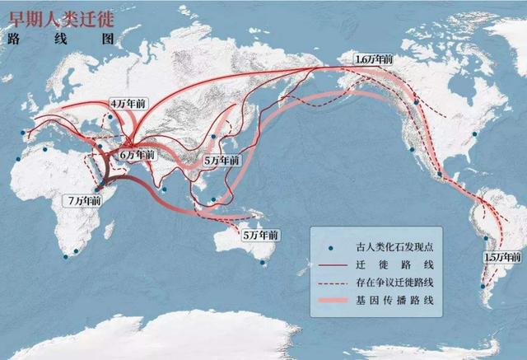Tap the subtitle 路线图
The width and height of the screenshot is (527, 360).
[42, 38]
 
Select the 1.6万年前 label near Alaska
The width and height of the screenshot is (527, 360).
[375, 60]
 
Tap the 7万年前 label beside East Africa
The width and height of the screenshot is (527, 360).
[85, 199]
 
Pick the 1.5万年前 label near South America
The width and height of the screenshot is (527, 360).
[501, 256]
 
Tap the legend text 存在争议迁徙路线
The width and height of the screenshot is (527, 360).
[396, 283]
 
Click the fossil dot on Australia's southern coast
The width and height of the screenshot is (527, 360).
[263, 263]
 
